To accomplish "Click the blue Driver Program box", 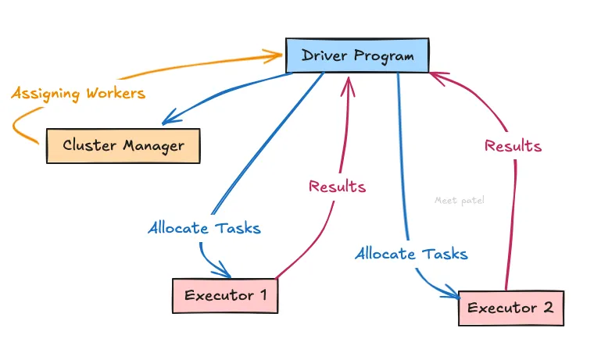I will point(356,55).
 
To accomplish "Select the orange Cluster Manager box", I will point(123,145).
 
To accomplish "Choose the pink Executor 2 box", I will point(510,308).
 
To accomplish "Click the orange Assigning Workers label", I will point(77,94).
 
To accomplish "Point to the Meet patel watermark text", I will point(460,200).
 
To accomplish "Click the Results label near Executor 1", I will point(337,187).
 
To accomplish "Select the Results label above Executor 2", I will point(513,145).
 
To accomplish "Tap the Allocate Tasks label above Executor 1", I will point(204,228).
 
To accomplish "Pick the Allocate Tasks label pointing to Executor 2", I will point(411,254).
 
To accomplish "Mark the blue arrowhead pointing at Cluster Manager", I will point(167,121).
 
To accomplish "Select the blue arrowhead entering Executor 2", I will point(453,295).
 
